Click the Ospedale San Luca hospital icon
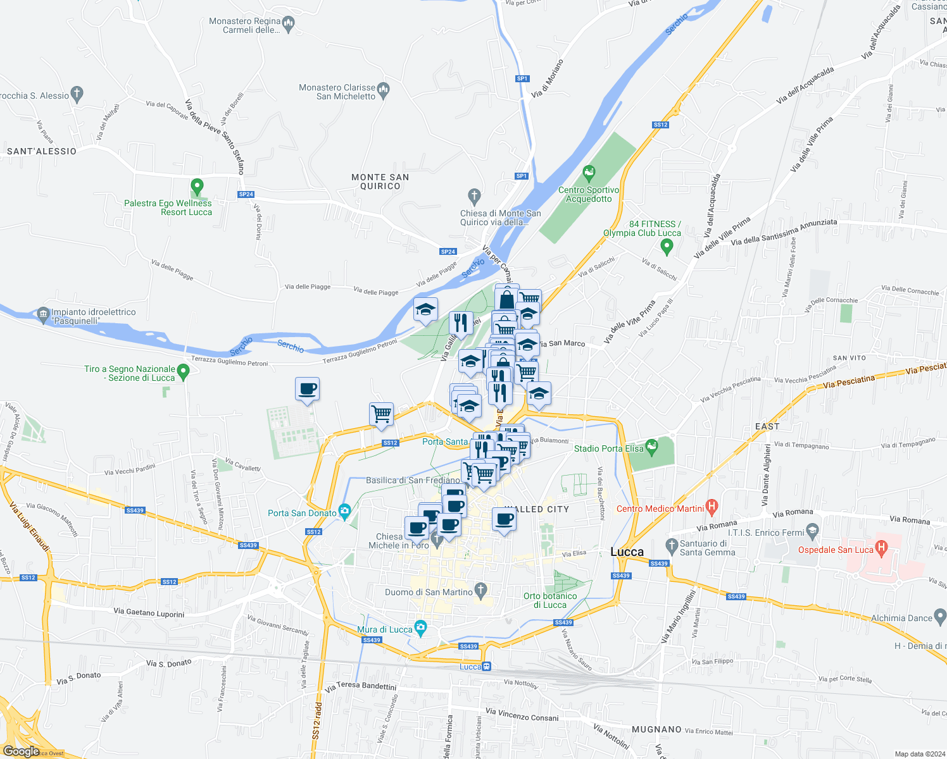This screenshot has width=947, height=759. coord(880,546)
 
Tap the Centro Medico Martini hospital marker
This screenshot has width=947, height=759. coord(712,506)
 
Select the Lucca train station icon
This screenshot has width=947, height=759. coord(486,666)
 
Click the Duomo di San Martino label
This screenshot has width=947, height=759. coord(429,592)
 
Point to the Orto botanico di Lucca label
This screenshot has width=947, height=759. coord(549,600)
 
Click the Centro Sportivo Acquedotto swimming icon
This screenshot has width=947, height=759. coord(589,173)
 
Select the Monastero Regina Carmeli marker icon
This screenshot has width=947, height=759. coord(289,25)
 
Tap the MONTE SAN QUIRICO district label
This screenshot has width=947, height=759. coord(380,182)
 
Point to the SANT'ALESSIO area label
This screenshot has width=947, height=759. coord(42,151)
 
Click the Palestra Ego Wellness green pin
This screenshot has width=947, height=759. coord(197,187)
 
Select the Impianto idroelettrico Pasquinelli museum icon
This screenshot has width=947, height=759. coord(43,314)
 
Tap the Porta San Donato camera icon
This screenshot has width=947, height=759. coord(344,510)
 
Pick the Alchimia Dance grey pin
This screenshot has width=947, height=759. coord(940,615)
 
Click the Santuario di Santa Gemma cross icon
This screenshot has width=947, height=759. coord(672,544)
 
